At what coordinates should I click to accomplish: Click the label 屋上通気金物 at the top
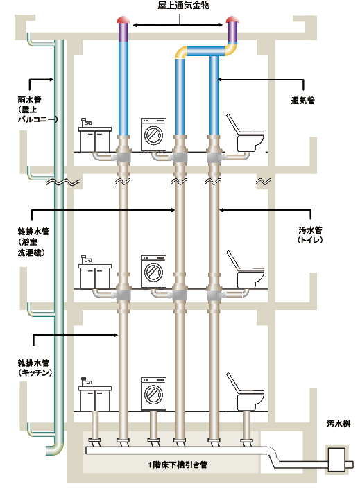pos(183,6)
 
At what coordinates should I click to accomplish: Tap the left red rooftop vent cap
pos(123,19)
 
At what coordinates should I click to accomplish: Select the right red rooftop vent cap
pos(232,19)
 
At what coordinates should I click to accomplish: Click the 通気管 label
pos(302,100)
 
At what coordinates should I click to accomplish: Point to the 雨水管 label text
pos(29,100)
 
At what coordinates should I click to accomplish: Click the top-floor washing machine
pos(153,135)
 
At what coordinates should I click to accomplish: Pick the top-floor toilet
pos(245,132)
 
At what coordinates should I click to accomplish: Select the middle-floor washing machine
pos(153,271)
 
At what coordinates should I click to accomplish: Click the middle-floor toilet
pos(245,269)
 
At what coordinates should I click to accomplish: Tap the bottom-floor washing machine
pos(153,394)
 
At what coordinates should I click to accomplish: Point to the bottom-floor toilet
pos(245,392)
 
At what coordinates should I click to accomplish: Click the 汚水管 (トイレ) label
pos(310,235)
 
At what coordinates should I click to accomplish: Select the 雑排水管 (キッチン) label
pos(34,368)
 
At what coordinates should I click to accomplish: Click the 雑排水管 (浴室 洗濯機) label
pos(33,242)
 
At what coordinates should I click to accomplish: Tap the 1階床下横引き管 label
pos(178,465)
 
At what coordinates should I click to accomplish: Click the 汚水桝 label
pos(338,424)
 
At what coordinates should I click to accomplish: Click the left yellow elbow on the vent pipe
pos(181,52)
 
